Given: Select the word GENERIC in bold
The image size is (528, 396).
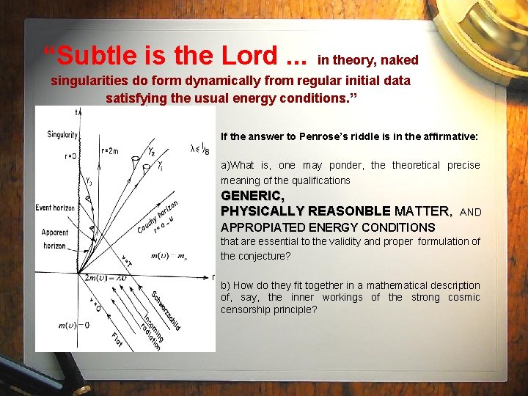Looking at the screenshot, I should click(252, 197).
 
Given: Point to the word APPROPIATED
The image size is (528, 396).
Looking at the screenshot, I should click(264, 227).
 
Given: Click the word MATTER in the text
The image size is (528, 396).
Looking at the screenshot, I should click(423, 211).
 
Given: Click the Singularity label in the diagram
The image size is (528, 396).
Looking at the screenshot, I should click(62, 135).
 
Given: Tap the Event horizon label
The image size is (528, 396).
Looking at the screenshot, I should click(55, 208).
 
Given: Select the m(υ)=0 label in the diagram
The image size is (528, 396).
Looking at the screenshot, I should click(73, 325).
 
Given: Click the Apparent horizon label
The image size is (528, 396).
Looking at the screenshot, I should click(55, 239).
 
